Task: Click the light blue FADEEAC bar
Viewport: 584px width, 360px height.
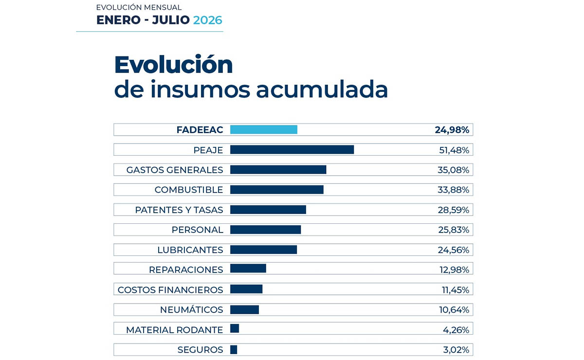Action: pos(264,129)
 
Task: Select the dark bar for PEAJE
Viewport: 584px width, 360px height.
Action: pos(292,150)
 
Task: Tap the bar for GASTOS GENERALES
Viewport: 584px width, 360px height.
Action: pos(278,169)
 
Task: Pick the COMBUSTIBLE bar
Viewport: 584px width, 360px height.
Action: pos(277,190)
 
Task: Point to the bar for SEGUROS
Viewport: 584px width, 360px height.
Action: pos(234,350)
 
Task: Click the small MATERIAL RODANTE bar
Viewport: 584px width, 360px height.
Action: pos(235,328)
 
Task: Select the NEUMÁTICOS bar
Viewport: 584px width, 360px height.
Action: pos(244,310)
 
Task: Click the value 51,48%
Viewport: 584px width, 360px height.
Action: pos(454,150)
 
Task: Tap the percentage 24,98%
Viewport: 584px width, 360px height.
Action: pos(452,130)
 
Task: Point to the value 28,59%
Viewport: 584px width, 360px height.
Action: pos(454,210)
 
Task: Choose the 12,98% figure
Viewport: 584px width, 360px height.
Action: pos(455,270)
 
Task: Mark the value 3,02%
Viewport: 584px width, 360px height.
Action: pos(456,350)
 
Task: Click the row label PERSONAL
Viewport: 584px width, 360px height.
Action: pos(198,230)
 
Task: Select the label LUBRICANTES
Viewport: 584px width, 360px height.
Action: pos(190,250)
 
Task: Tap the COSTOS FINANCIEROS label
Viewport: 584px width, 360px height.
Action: pos(170,290)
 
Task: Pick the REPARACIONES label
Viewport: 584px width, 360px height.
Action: pos(186,270)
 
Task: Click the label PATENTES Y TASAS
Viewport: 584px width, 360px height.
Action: pos(179,210)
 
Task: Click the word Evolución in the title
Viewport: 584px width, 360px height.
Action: pos(173,64)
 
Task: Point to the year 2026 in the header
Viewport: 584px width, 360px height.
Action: pos(208,20)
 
